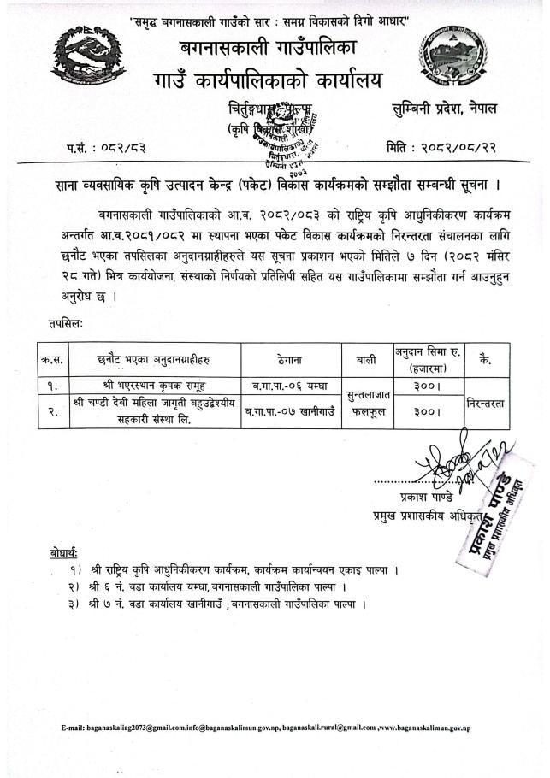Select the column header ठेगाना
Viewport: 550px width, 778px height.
291,359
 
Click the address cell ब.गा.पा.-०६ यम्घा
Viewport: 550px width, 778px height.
291,382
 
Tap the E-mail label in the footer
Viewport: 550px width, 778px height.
73,727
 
